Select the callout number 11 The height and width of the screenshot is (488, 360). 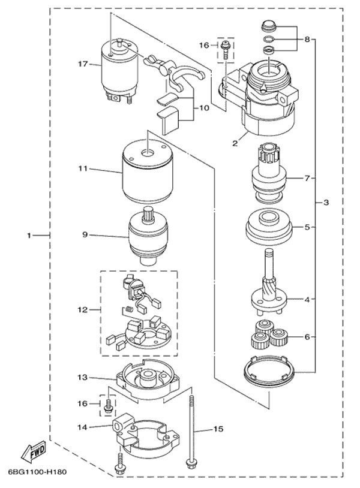point(82,170)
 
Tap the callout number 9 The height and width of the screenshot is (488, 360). point(85,235)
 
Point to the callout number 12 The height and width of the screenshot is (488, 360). point(82,310)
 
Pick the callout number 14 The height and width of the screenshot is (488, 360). point(82,427)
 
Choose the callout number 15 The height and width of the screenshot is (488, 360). point(218,429)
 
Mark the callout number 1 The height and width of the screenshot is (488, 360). point(28,235)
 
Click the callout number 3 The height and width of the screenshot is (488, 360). point(326,203)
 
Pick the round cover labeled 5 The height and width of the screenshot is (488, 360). point(269,227)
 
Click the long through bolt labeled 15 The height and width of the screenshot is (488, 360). point(191,432)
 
